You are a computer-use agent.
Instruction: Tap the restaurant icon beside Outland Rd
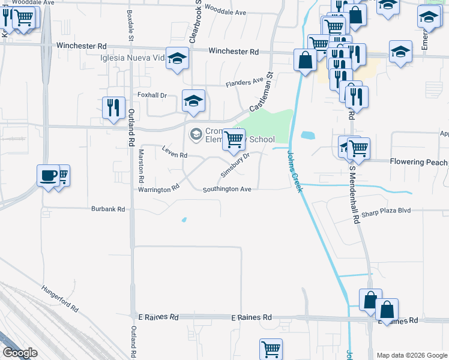113,107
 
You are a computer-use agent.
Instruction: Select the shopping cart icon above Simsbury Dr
234,140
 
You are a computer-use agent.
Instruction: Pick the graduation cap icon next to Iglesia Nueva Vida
177,58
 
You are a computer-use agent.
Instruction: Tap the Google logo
20,353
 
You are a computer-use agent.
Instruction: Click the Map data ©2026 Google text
412,355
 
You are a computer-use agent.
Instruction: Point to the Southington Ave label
227,189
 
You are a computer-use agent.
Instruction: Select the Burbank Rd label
108,209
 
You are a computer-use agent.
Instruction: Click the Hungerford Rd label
60,298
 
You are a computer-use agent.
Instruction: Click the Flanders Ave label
245,82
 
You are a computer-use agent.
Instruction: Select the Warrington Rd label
160,188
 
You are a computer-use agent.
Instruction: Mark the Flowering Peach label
418,162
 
